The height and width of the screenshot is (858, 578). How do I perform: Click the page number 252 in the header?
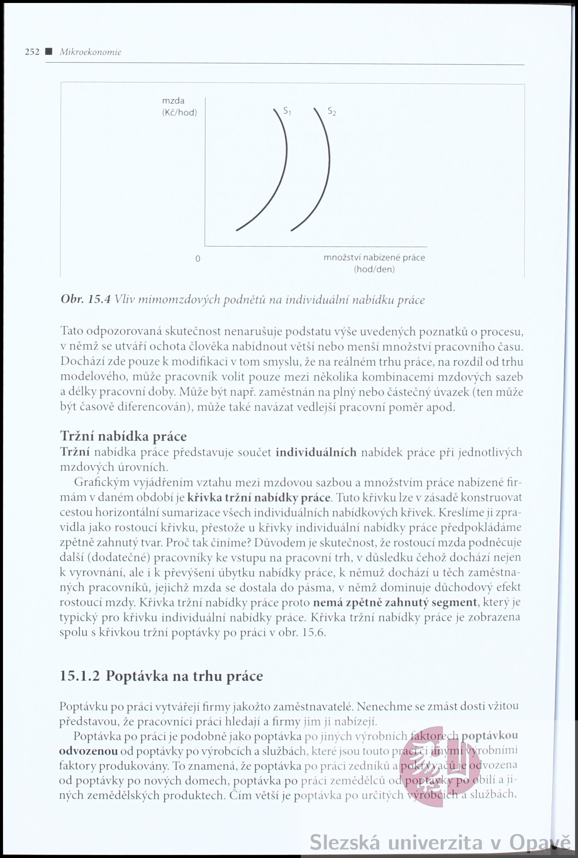click(32, 52)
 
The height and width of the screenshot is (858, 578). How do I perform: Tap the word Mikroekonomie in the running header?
click(91, 52)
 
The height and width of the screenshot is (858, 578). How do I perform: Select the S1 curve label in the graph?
click(287, 111)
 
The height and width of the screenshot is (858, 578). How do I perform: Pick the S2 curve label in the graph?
click(332, 111)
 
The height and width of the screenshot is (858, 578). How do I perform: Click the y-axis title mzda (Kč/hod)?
click(179, 106)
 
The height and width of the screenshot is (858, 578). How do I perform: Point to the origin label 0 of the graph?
click(198, 259)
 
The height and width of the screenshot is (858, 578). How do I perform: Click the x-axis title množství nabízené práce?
click(374, 258)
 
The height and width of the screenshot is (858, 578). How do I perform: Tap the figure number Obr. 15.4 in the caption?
click(86, 299)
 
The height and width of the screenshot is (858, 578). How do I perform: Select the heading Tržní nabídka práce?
click(123, 437)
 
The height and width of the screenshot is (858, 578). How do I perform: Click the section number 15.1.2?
click(79, 676)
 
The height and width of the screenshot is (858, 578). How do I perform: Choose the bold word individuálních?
click(316, 452)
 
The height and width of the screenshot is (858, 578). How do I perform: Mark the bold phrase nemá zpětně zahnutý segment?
click(395, 602)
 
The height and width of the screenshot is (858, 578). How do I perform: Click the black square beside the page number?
click(47, 52)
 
